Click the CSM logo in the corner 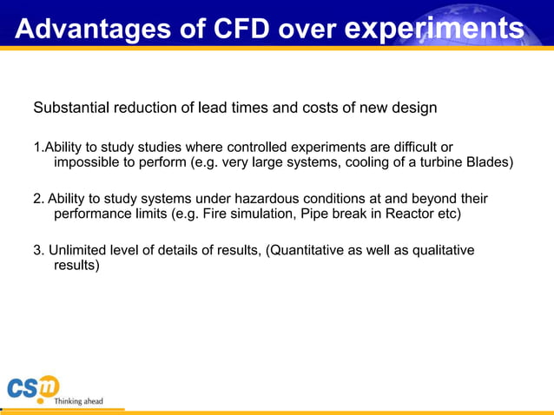pyautogui.click(x=33, y=389)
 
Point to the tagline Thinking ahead pyautogui.click(x=78, y=401)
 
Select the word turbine pyautogui.click(x=434, y=162)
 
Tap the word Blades pyautogui.click(x=490, y=162)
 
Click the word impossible pyautogui.click(x=89, y=162)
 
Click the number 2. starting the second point pyautogui.click(x=38, y=199)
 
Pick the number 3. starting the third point pyautogui.click(x=38, y=250)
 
